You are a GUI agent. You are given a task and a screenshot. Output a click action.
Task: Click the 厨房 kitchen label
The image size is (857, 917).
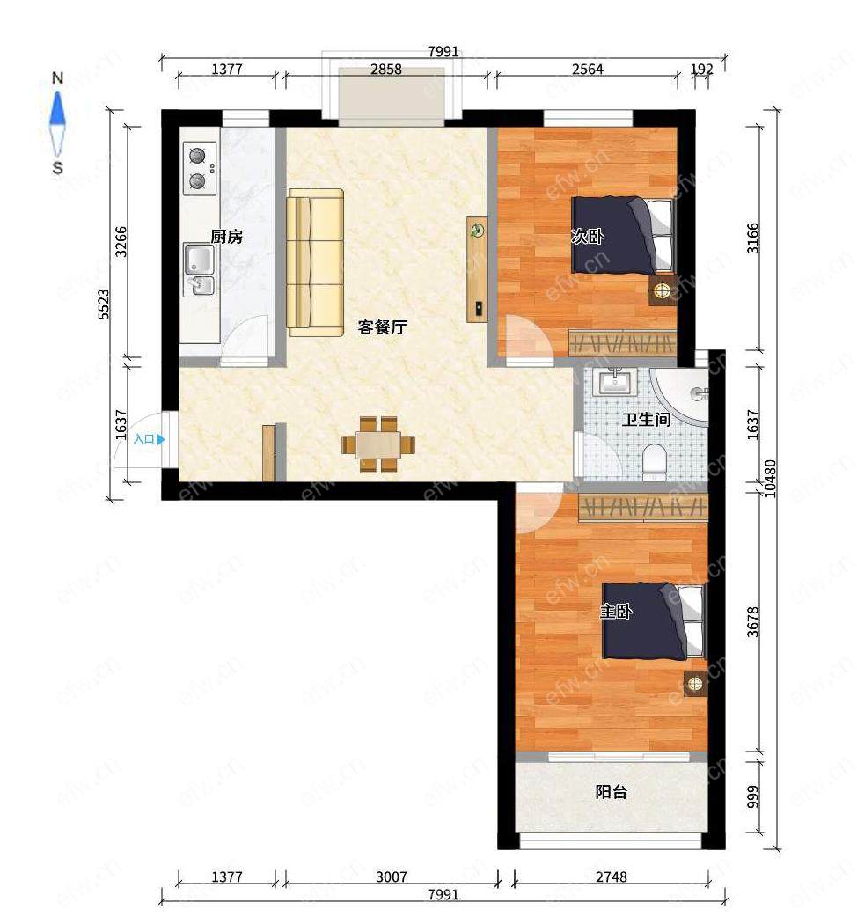click(x=226, y=237)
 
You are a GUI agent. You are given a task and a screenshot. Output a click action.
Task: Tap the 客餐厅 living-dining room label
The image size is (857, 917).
click(x=382, y=326)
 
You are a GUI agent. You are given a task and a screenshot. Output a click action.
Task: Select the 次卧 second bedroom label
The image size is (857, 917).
click(x=587, y=236)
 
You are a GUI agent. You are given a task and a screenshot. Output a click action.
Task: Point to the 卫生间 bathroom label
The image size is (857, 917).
click(x=645, y=419)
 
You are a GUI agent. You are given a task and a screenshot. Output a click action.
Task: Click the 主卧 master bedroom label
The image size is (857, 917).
click(x=616, y=612)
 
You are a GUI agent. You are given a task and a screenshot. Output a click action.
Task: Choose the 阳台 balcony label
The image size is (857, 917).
click(x=612, y=792)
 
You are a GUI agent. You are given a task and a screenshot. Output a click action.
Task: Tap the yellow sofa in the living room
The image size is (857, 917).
click(x=315, y=262)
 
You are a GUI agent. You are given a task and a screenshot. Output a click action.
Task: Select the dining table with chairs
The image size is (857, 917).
click(x=378, y=444)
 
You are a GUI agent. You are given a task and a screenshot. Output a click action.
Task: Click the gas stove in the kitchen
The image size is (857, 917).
click(x=200, y=168)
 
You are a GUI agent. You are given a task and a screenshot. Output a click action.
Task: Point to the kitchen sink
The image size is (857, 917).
click(x=199, y=269)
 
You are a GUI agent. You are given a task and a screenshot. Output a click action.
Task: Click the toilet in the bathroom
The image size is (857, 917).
click(x=654, y=460)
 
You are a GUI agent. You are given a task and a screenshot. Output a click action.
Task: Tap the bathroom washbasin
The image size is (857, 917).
click(x=613, y=383)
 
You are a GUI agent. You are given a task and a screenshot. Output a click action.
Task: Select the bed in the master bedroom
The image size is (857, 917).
click(x=654, y=620)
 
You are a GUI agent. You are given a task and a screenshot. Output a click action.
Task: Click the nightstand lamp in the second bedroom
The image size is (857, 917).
click(x=662, y=290)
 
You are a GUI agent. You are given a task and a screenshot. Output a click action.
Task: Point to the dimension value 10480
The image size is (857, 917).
click(x=771, y=478)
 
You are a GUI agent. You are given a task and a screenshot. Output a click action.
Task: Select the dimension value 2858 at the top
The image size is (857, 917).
click(x=386, y=69)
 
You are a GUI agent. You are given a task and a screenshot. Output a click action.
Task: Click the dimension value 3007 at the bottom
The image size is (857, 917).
click(x=391, y=877)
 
